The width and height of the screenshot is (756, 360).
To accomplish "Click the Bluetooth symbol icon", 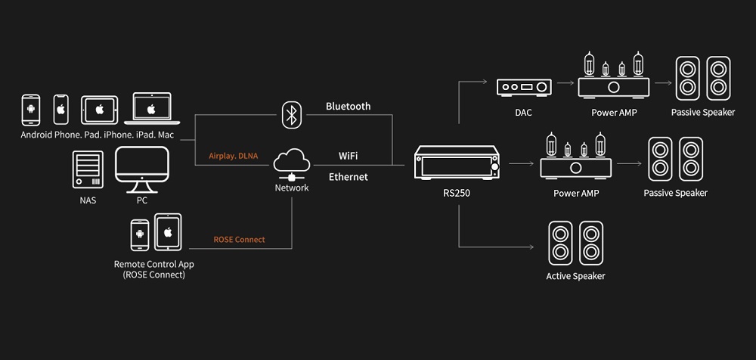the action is click(291, 115).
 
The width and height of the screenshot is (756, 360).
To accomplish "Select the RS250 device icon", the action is click(456, 163).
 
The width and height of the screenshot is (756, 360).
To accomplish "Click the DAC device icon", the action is click(524, 87).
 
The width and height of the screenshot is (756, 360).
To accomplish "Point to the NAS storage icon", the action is click(88, 169).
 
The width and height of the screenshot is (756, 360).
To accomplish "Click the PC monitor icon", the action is click(142, 169).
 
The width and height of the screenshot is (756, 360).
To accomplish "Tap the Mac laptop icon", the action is click(152, 109).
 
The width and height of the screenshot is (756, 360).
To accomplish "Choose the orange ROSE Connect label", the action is click(239, 239).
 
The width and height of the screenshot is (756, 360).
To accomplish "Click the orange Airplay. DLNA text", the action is click(234, 156).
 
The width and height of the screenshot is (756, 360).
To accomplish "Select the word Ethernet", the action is click(348, 177).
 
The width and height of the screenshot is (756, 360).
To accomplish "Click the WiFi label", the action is click(348, 156).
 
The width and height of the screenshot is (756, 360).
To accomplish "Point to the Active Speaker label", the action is click(575, 277).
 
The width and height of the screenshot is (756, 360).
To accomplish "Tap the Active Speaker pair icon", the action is click(575, 244).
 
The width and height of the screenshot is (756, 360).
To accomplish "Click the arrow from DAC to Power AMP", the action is click(565, 83).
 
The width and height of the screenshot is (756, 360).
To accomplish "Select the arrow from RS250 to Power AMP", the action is click(521, 163).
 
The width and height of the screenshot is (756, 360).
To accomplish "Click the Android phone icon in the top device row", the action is click(31, 110).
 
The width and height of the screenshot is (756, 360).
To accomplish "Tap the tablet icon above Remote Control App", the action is click(168, 232).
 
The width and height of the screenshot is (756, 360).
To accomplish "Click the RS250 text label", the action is click(456, 194).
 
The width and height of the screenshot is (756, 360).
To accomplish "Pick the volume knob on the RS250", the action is click(494, 166).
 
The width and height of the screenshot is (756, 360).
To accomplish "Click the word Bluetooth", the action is click(348, 107).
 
